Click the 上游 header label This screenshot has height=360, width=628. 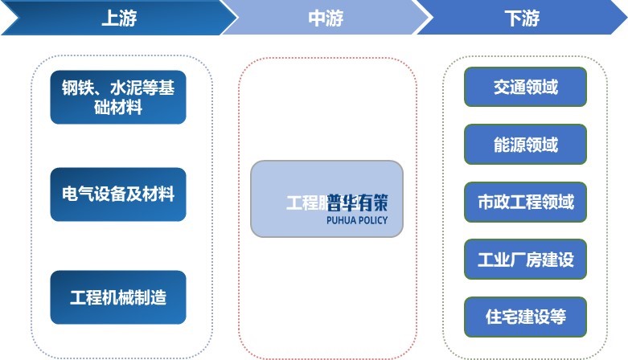pos(118,18)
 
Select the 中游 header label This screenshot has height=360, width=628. pos(325,18)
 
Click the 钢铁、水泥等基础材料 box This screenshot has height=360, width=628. pos(118,97)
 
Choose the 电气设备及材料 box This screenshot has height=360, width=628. pos(118,194)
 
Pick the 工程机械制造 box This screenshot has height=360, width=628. pos(118,297)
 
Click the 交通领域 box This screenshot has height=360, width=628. pos(526,87)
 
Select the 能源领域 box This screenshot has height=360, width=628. pos(526,145)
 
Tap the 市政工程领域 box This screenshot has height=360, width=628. pos(526,202)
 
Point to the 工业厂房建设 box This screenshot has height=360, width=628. pos(526,260)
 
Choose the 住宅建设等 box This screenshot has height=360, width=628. pos(526,317)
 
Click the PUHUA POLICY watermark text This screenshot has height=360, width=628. pos(357,220)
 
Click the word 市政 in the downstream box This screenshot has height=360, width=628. pos(491,202)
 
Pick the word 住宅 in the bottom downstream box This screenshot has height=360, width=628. pos(500,317)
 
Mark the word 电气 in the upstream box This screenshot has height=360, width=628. pos(76,194)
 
